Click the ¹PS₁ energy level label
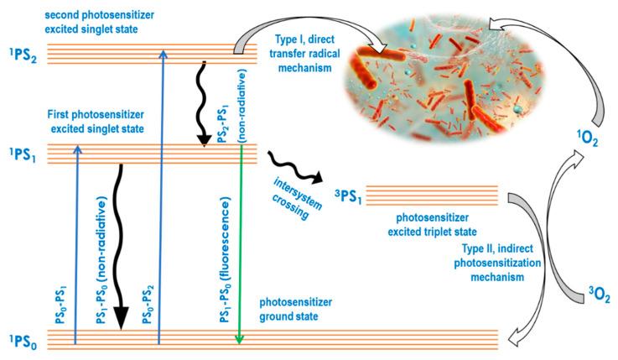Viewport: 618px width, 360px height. point(23,154)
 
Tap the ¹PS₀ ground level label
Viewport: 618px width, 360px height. point(23,339)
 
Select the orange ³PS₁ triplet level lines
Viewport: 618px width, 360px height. point(433,195)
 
